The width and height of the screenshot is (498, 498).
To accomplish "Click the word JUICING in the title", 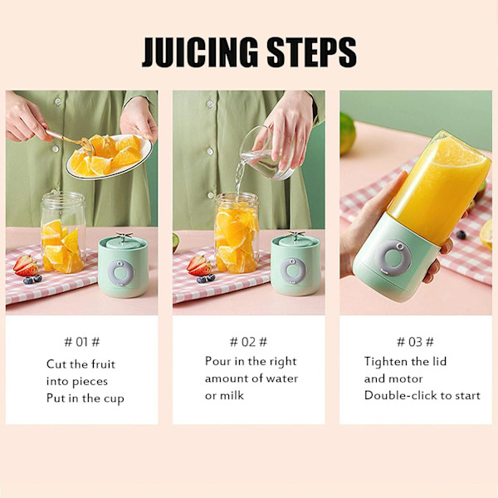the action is [x=199, y=52].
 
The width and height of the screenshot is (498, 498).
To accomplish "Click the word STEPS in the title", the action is [x=311, y=52].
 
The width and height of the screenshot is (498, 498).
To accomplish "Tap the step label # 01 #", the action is [x=82, y=342].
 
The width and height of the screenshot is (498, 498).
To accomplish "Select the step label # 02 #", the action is [x=248, y=342].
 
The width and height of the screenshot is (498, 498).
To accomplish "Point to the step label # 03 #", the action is [x=415, y=342].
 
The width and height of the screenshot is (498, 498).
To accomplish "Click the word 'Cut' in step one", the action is [x=56, y=364].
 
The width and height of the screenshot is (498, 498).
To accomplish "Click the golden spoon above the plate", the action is [x=68, y=139].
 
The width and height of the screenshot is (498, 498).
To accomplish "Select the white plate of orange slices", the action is [x=110, y=157].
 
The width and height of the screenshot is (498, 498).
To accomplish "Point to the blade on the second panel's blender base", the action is [x=296, y=236].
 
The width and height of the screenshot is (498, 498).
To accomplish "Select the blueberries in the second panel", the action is [x=206, y=278].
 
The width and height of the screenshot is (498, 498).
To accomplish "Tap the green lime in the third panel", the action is [x=347, y=134].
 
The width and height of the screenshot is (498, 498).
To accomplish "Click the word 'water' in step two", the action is [x=282, y=378].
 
